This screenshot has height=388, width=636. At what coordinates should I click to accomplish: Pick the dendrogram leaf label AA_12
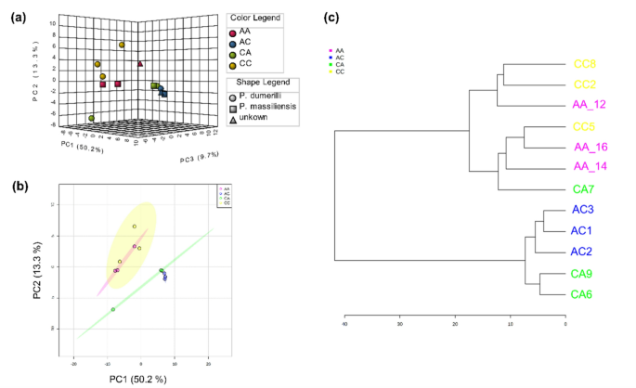click(587, 105)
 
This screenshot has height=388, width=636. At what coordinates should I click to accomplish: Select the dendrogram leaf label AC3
click(582, 210)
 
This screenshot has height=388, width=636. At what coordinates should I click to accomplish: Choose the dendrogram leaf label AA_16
click(587, 147)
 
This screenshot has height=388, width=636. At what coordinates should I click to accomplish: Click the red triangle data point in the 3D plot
click(139, 64)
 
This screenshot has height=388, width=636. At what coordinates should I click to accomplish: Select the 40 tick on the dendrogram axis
click(344, 325)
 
